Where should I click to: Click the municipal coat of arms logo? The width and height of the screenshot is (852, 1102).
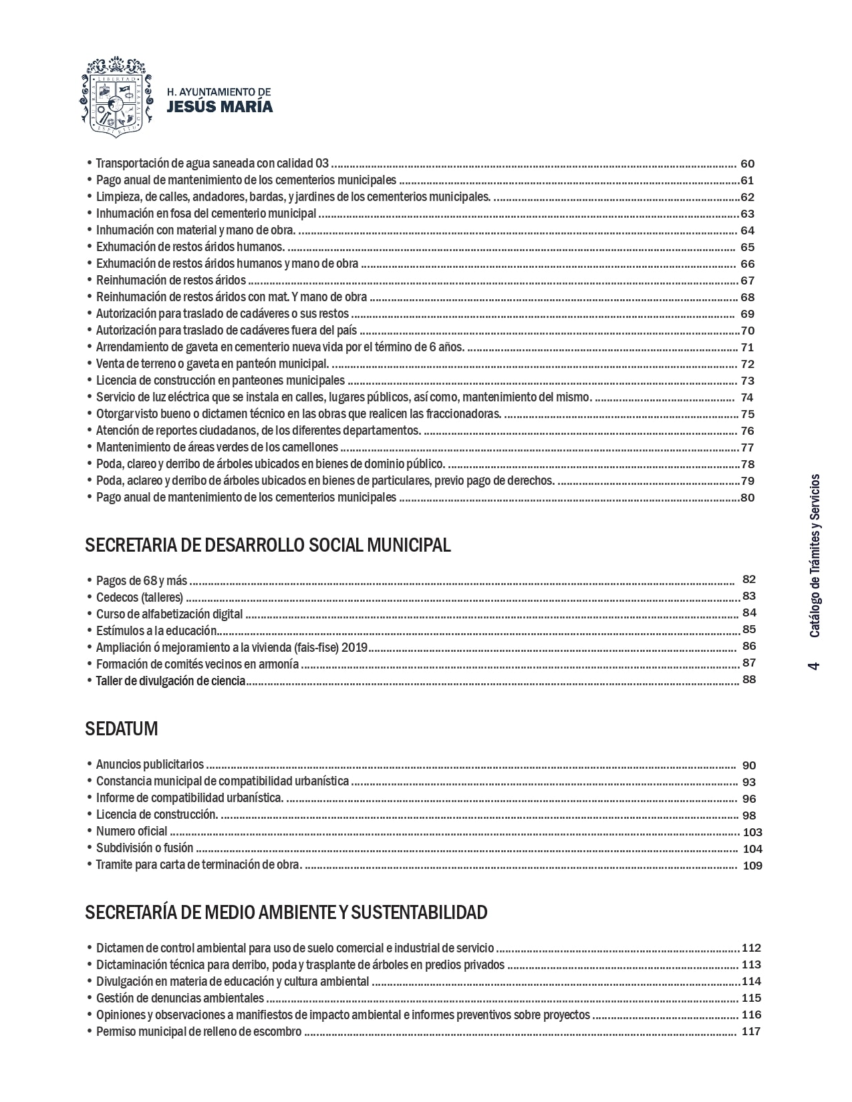coord(112,96)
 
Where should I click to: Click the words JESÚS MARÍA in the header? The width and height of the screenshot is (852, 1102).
coord(219,107)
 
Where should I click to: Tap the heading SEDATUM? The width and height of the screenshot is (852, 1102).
coord(122,729)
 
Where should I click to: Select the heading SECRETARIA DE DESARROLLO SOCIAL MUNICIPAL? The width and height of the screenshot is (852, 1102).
coord(268,545)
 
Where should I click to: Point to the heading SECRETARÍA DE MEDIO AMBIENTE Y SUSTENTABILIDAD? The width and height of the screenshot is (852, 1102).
coord(286,912)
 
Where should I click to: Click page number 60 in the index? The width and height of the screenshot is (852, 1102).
coord(748,164)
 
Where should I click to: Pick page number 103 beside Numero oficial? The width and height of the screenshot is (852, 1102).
coord(752,832)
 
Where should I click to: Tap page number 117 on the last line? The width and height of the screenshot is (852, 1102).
coord(751,1031)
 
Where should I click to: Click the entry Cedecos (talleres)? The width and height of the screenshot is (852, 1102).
coord(140,597)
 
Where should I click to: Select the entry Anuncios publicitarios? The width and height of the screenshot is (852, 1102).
coord(150,765)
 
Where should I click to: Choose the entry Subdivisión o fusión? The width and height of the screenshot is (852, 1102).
coord(144,848)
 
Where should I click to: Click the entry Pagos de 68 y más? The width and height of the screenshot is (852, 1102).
coord(142,580)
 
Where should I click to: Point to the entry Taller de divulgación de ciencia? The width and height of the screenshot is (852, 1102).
coord(170,681)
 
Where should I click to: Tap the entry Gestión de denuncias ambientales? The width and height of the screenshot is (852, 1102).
coord(180,998)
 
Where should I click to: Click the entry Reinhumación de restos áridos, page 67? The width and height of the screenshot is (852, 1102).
coord(171,281)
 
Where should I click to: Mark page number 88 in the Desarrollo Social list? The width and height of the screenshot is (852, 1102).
coord(749,680)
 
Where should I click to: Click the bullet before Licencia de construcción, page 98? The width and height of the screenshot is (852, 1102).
coord(90,815)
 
